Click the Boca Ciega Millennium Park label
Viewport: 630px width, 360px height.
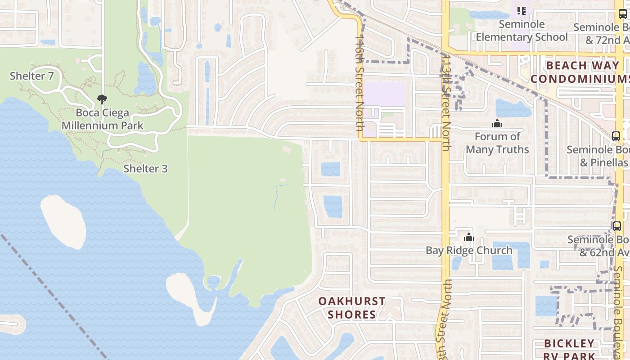pos(102,119)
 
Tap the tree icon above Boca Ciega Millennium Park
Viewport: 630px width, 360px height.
pos(102,99)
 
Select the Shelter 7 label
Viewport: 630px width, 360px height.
pos(31,76)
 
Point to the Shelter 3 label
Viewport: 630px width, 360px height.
pos(145,169)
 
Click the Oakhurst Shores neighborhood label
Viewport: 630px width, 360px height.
pos(351,307)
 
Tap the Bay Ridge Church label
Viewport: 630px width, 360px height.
pos(469,250)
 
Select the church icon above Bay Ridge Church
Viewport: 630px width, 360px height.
pos(469,237)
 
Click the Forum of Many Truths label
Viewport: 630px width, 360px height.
pos(497,143)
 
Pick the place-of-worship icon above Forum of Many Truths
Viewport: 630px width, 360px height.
pos(497,123)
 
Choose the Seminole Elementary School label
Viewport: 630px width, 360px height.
pos(522,31)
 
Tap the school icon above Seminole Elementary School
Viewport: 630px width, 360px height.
pos(522,10)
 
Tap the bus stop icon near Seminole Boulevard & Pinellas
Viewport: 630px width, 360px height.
pos(616,136)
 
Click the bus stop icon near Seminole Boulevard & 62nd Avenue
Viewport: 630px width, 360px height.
pos(617,226)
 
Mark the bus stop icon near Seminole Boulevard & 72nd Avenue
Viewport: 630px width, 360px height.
pos(623,13)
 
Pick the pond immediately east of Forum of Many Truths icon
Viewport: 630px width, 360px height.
pos(513,108)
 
